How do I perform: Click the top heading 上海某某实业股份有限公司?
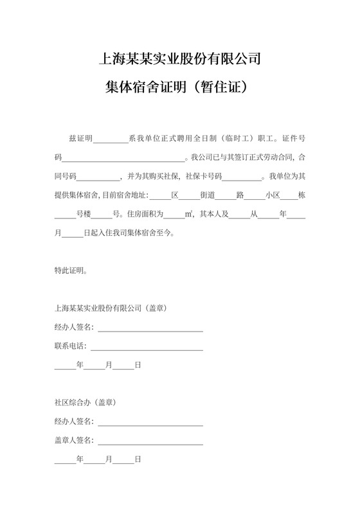click(x=180, y=60)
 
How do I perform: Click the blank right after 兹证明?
click(x=111, y=139)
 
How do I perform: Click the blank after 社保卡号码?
click(x=243, y=176)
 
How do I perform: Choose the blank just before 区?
click(x=160, y=195)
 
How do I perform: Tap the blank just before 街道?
click(x=190, y=195)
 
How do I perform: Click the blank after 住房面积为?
click(x=174, y=215)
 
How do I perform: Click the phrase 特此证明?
click(x=72, y=271)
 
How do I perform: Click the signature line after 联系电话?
click(x=147, y=347)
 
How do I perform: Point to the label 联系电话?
click(x=69, y=346)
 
